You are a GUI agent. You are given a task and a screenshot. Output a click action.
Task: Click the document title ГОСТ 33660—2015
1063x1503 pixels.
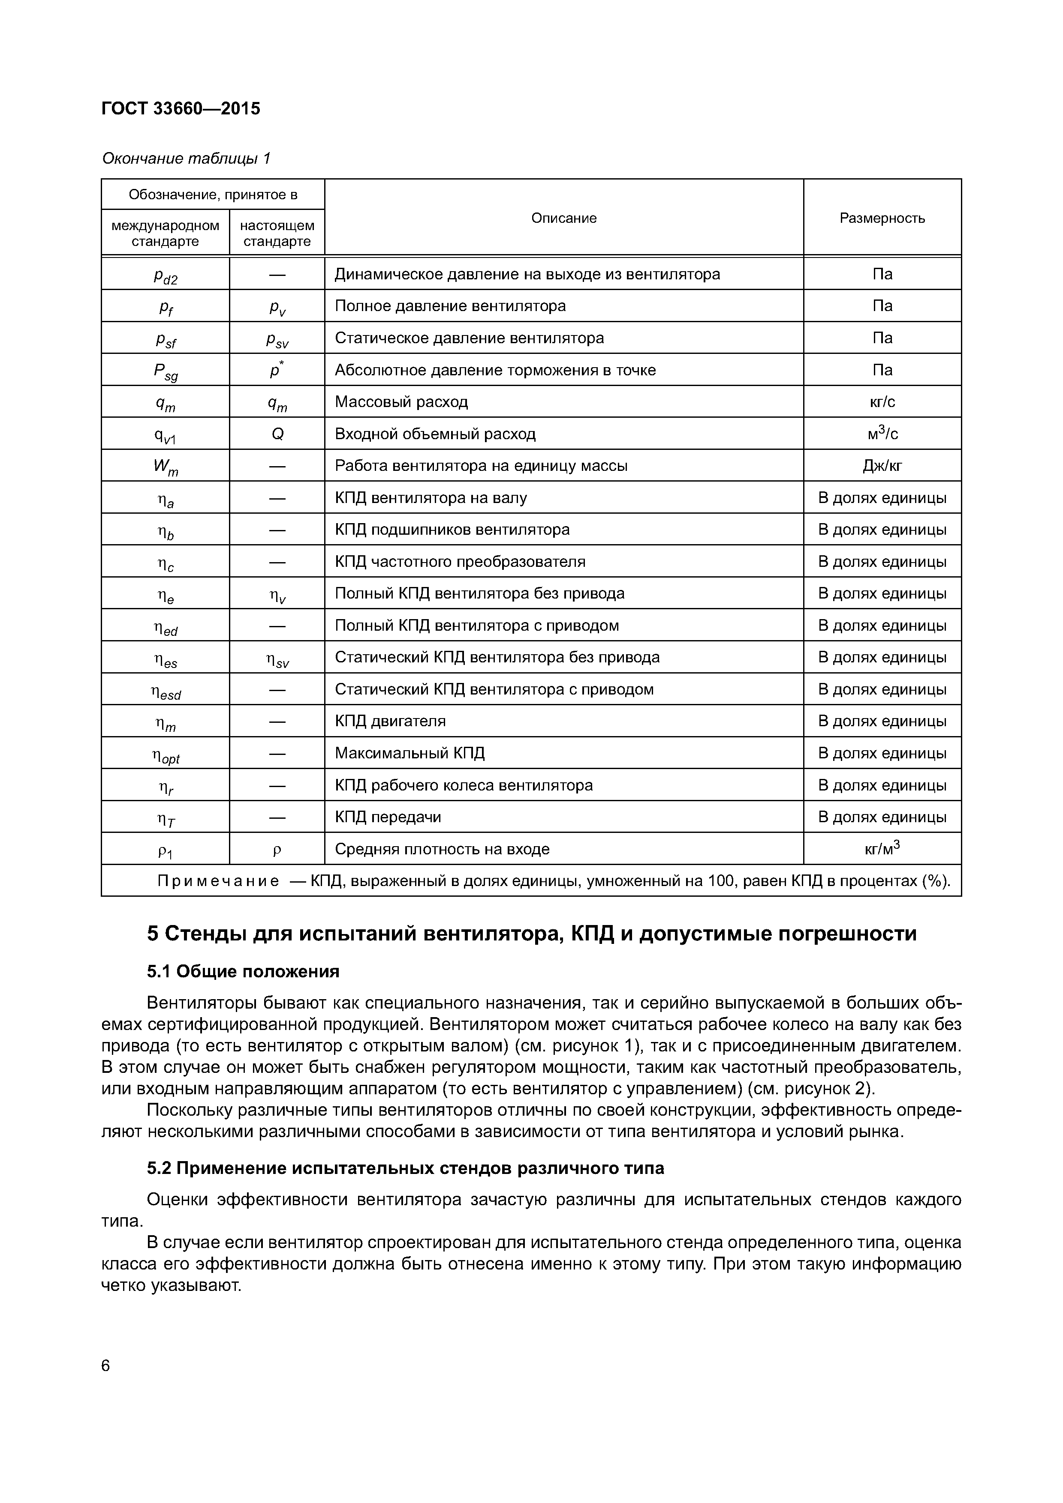point(181,109)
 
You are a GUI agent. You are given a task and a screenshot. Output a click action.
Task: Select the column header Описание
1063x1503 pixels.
point(563,218)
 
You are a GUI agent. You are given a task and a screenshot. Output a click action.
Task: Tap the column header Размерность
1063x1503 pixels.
point(882,218)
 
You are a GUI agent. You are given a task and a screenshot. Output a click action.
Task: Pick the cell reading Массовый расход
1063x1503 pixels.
point(401,402)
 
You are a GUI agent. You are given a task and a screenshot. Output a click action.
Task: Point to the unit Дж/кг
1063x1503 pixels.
point(882,466)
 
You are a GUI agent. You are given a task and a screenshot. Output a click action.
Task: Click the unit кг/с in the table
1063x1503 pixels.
point(882,402)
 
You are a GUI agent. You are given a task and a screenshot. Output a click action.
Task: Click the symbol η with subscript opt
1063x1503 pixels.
point(165,756)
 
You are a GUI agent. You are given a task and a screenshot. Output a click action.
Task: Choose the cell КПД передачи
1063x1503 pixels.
point(388,817)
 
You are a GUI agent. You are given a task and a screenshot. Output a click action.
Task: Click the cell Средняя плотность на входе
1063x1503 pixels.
point(442,850)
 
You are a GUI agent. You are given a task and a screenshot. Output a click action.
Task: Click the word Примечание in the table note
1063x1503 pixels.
point(218,881)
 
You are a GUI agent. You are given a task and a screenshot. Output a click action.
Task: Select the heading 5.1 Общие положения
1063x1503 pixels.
point(243,971)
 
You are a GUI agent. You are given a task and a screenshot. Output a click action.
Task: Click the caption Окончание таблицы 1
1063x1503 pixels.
point(186,159)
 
